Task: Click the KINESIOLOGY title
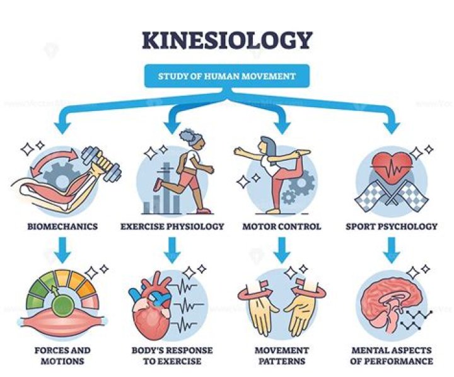227,40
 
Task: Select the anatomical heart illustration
156,307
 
